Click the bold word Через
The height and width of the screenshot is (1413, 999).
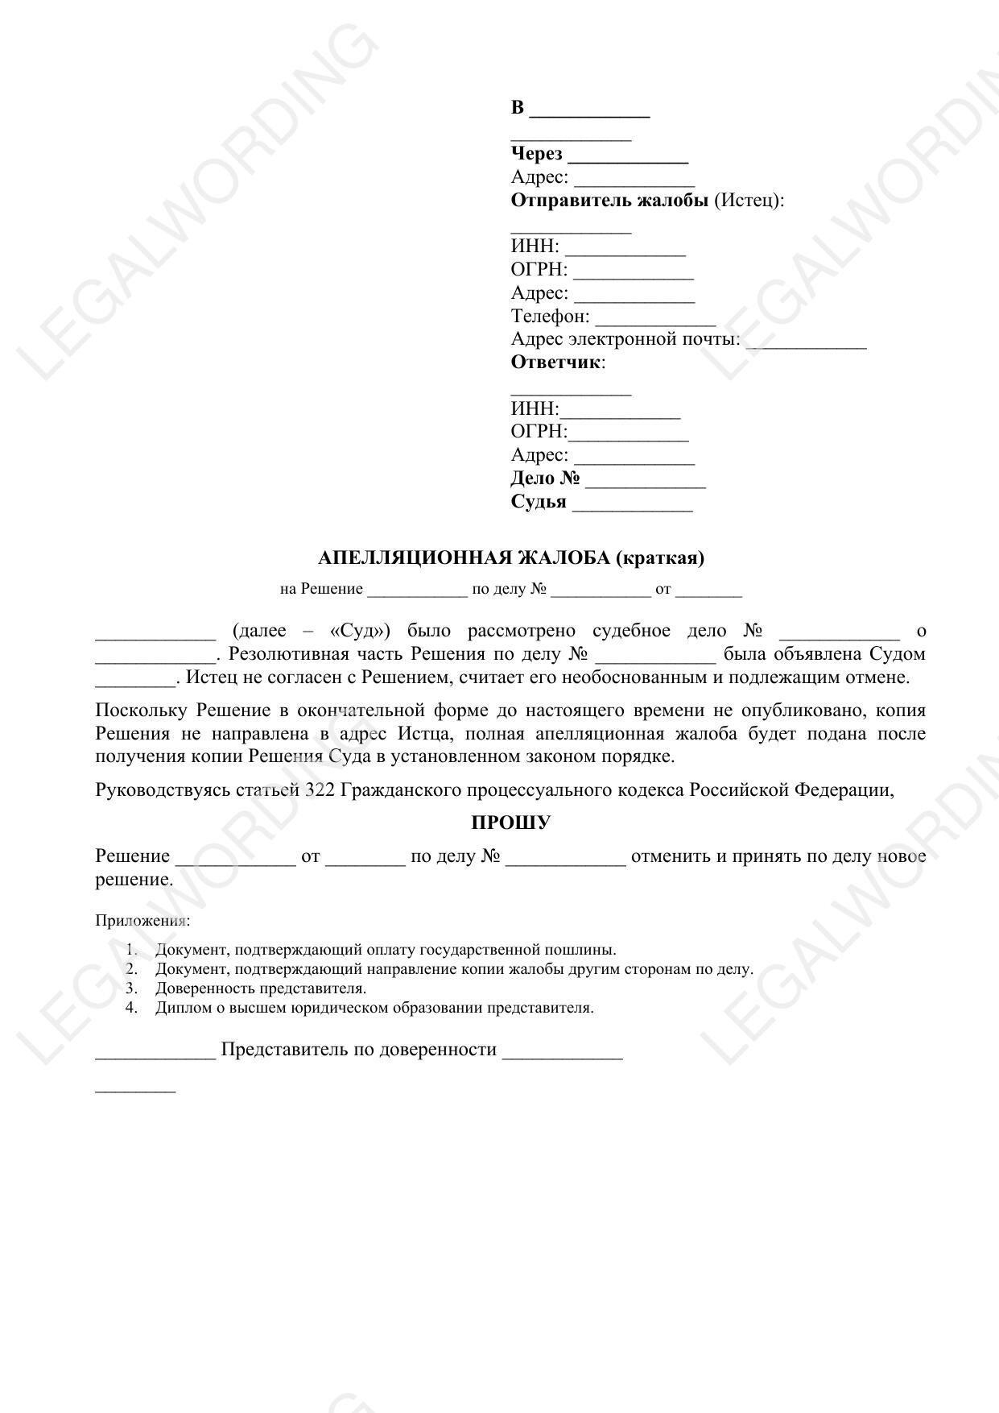tap(536, 154)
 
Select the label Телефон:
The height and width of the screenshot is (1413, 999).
tap(550, 316)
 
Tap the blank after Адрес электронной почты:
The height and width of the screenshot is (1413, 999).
tap(806, 342)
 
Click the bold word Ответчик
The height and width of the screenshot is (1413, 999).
tap(555, 362)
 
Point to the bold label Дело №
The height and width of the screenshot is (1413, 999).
tap(545, 478)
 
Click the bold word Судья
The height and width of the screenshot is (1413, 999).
tap(538, 501)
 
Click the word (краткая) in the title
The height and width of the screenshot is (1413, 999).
tap(660, 557)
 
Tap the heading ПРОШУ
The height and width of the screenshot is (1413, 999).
tap(510, 823)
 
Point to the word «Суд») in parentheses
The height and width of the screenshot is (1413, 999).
tap(360, 630)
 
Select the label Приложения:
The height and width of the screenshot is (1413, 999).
tap(142, 920)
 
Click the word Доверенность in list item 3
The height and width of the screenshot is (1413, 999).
tap(203, 988)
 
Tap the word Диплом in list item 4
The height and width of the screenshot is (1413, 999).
tap(180, 1007)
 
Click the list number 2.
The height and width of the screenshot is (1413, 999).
tap(132, 968)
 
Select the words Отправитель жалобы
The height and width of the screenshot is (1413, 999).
tap(609, 200)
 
